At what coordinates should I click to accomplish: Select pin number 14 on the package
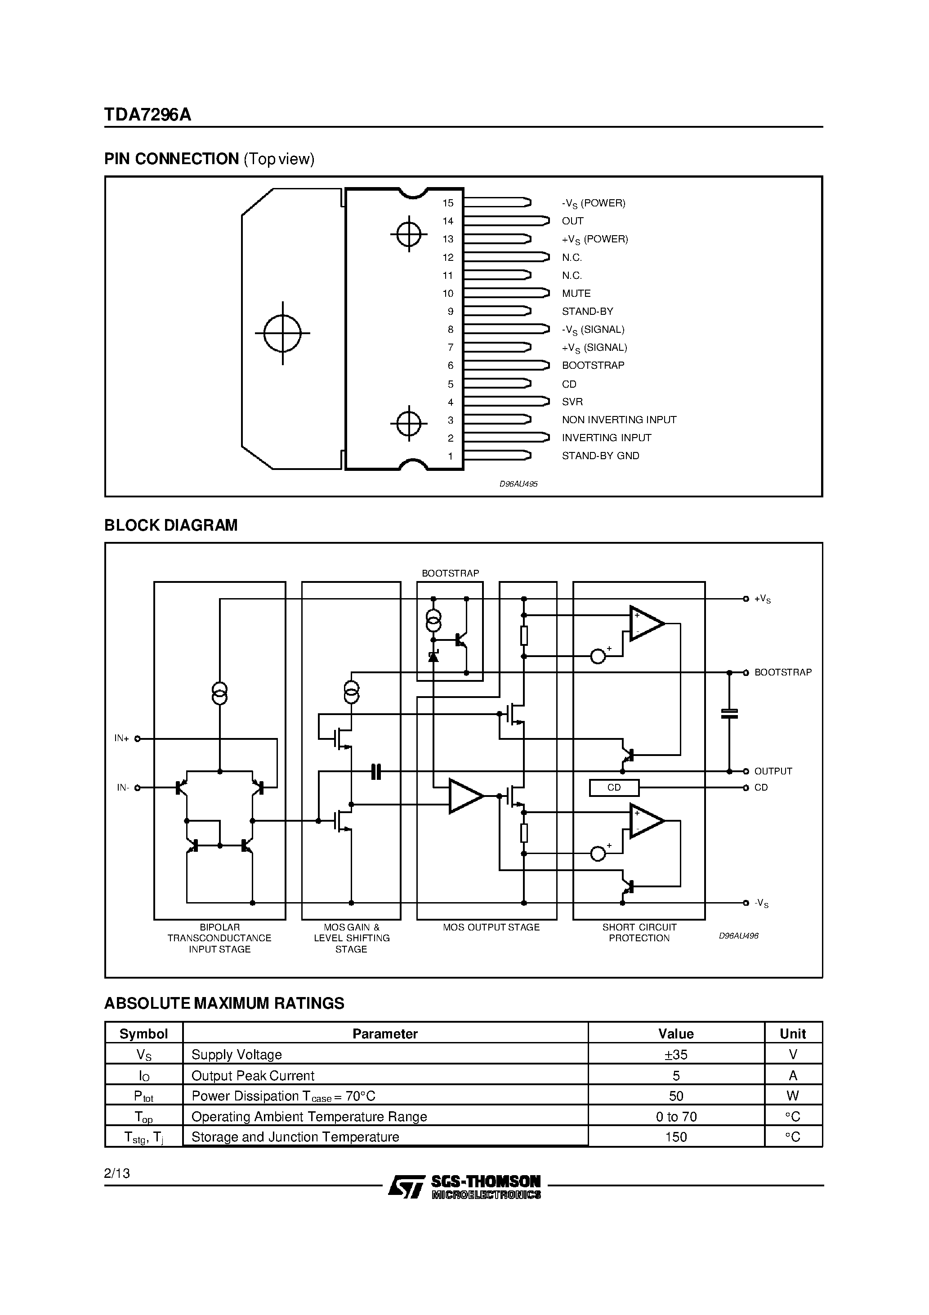tap(448, 221)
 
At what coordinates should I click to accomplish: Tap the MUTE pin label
tap(576, 293)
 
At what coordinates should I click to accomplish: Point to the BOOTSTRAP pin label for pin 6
tap(593, 366)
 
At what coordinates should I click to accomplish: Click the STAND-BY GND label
tap(600, 456)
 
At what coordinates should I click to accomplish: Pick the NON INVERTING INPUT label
tap(619, 420)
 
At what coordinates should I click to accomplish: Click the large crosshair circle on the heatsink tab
tap(282, 333)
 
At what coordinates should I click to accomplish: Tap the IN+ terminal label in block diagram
tap(121, 738)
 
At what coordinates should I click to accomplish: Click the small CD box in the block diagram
tap(613, 787)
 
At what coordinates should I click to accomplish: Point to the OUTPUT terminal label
tap(773, 771)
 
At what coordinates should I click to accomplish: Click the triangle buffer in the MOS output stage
tap(464, 796)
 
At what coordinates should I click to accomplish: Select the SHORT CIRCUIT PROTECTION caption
tap(639, 932)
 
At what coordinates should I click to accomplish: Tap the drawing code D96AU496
tap(738, 936)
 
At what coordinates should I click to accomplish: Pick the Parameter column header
tap(385, 1034)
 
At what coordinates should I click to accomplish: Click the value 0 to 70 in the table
tap(676, 1116)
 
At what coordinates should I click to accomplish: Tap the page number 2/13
tap(117, 1173)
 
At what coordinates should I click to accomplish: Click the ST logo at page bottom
tap(406, 1186)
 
